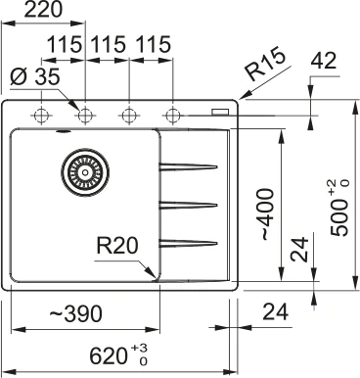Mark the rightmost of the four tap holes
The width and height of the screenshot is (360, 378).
pos(173,115)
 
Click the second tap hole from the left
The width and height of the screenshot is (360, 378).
pos(85,115)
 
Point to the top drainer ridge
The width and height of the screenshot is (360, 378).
pos(188,165)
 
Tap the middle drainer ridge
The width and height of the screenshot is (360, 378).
pos(188,204)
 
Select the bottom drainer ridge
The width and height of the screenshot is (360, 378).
pos(188,242)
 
